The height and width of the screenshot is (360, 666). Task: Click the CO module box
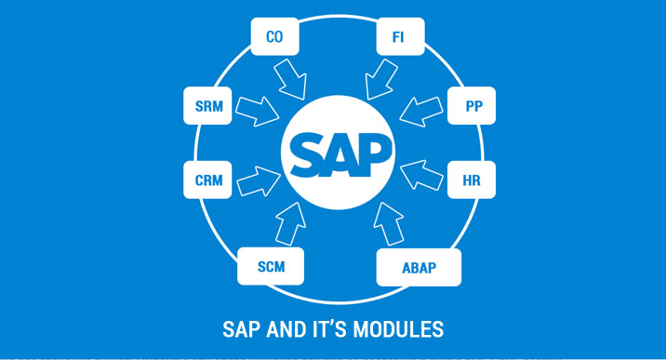click(x=274, y=38)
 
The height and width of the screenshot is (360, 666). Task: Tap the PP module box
click(x=473, y=107)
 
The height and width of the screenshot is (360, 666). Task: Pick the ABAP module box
click(x=419, y=268)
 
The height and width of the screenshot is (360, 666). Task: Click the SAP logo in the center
click(x=340, y=150)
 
